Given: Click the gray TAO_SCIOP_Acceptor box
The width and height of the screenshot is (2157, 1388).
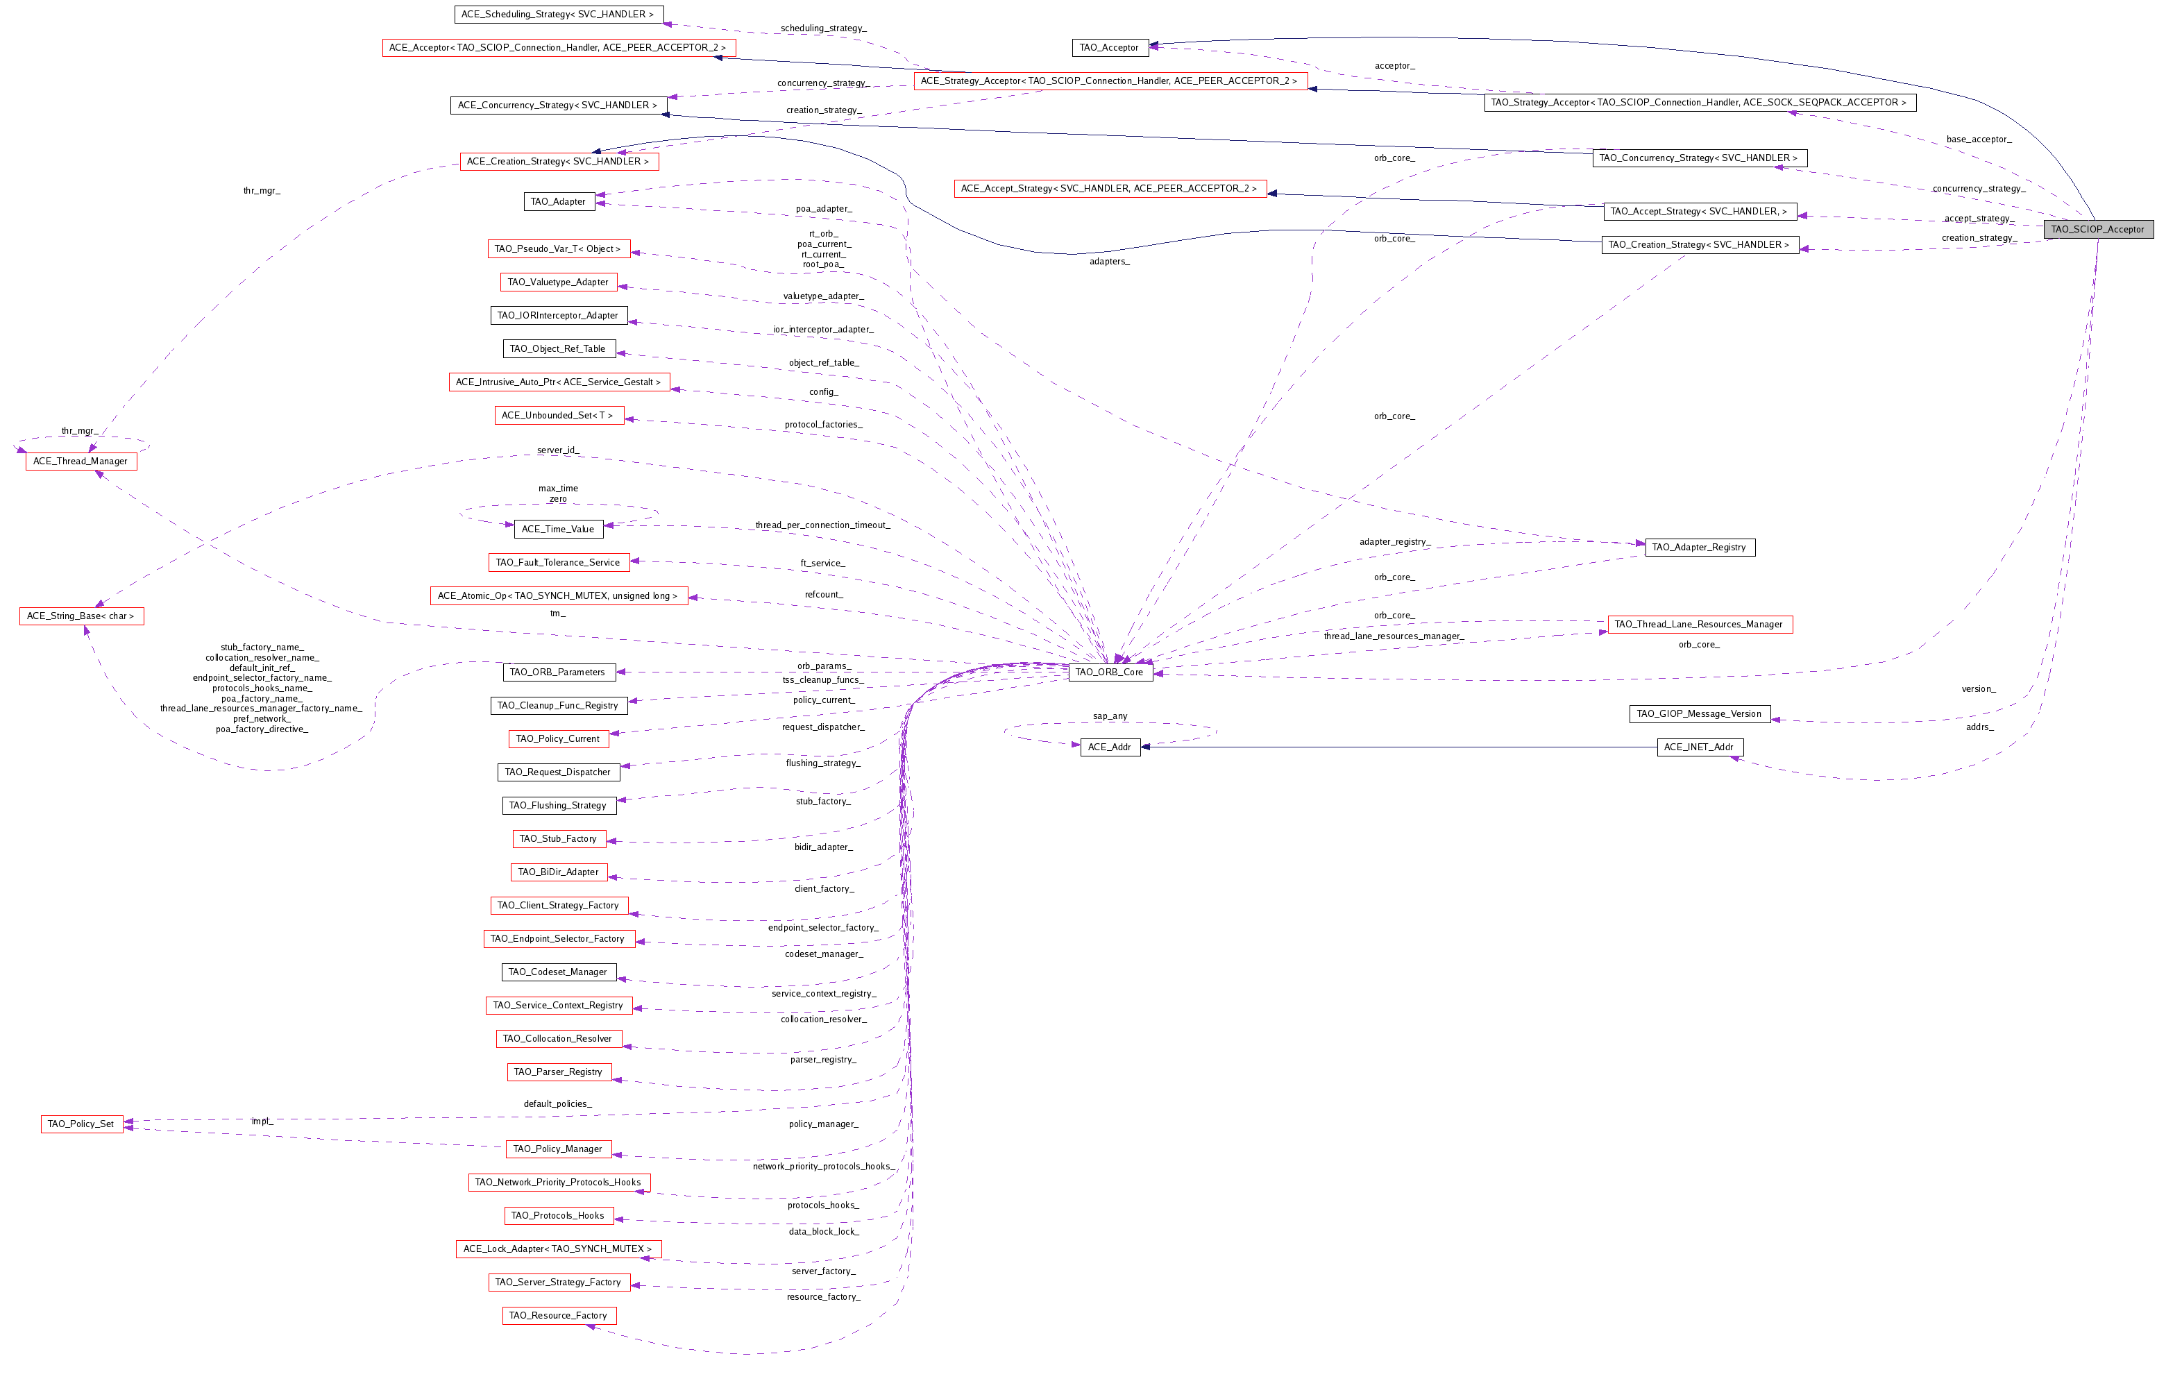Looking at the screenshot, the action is [x=2097, y=229].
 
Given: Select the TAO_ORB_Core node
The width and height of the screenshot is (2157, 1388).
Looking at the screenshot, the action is [x=1109, y=672].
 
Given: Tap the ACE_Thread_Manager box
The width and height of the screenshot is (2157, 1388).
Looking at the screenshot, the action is [x=81, y=462].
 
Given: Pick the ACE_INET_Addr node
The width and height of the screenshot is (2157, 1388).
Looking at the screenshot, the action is [x=1698, y=747].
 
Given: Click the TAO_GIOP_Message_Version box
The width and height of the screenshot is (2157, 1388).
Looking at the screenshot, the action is [x=1698, y=714].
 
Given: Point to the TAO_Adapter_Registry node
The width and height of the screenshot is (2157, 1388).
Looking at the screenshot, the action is [x=1698, y=547].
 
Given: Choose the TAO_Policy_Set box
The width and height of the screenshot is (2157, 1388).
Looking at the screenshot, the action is [x=81, y=1124].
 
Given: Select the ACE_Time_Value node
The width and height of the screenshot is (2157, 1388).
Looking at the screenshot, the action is [x=557, y=529].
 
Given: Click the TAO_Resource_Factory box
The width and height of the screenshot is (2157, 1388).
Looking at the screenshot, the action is [x=558, y=1316].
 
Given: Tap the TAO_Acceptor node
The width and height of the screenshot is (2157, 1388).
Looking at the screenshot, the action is [x=1109, y=48].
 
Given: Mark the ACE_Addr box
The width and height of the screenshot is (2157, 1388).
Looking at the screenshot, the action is [x=1109, y=747].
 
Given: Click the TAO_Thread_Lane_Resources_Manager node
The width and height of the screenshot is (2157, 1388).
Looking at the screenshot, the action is [x=1698, y=625].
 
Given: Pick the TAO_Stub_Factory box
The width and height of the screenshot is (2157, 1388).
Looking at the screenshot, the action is [x=558, y=839].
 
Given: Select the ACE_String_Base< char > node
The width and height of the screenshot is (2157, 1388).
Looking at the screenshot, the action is [x=81, y=616].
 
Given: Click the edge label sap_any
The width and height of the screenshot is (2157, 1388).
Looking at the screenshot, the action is [x=1109, y=716].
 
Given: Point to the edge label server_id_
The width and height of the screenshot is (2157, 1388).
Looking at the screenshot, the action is [x=558, y=450].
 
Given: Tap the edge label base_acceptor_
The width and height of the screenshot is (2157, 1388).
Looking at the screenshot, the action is [x=1978, y=139].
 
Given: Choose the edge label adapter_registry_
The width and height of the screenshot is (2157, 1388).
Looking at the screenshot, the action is [x=1394, y=542].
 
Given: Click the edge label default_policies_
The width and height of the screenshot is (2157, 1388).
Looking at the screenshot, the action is [x=557, y=1104].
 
